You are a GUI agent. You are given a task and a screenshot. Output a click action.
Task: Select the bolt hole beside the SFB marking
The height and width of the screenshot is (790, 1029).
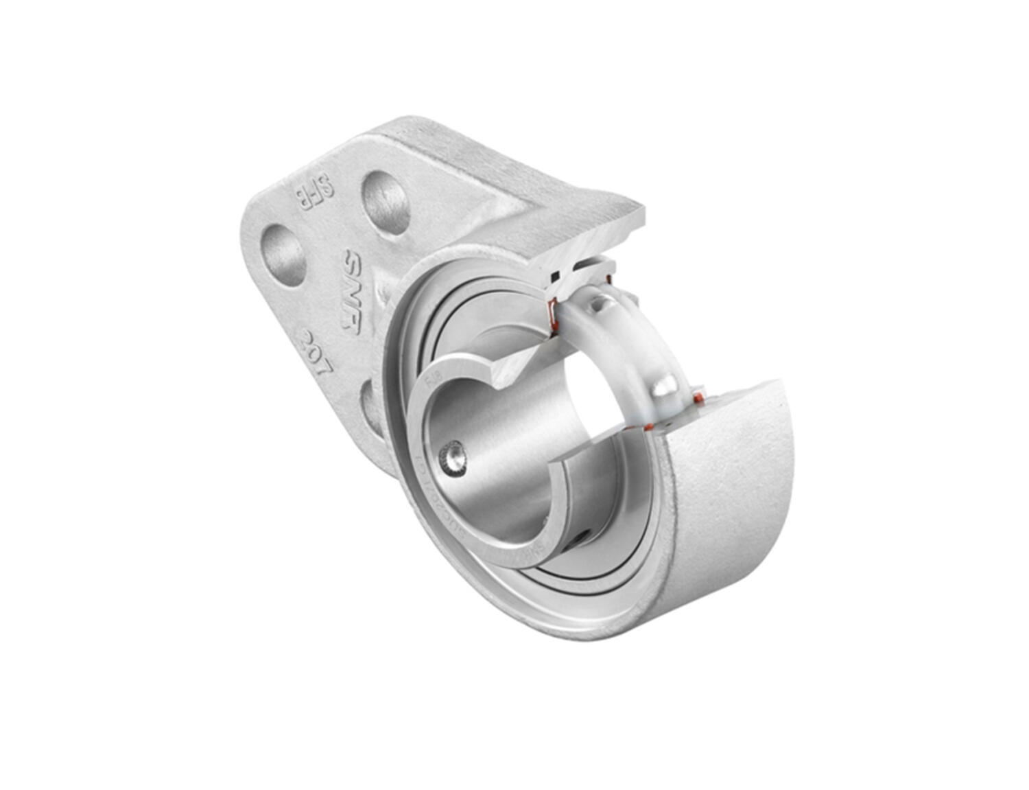pyautogui.click(x=385, y=202)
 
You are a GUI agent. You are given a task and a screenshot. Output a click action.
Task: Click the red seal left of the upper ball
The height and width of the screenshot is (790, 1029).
pyautogui.click(x=550, y=313)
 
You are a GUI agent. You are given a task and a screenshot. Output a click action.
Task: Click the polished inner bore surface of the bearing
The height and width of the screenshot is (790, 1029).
pyautogui.click(x=508, y=446)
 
